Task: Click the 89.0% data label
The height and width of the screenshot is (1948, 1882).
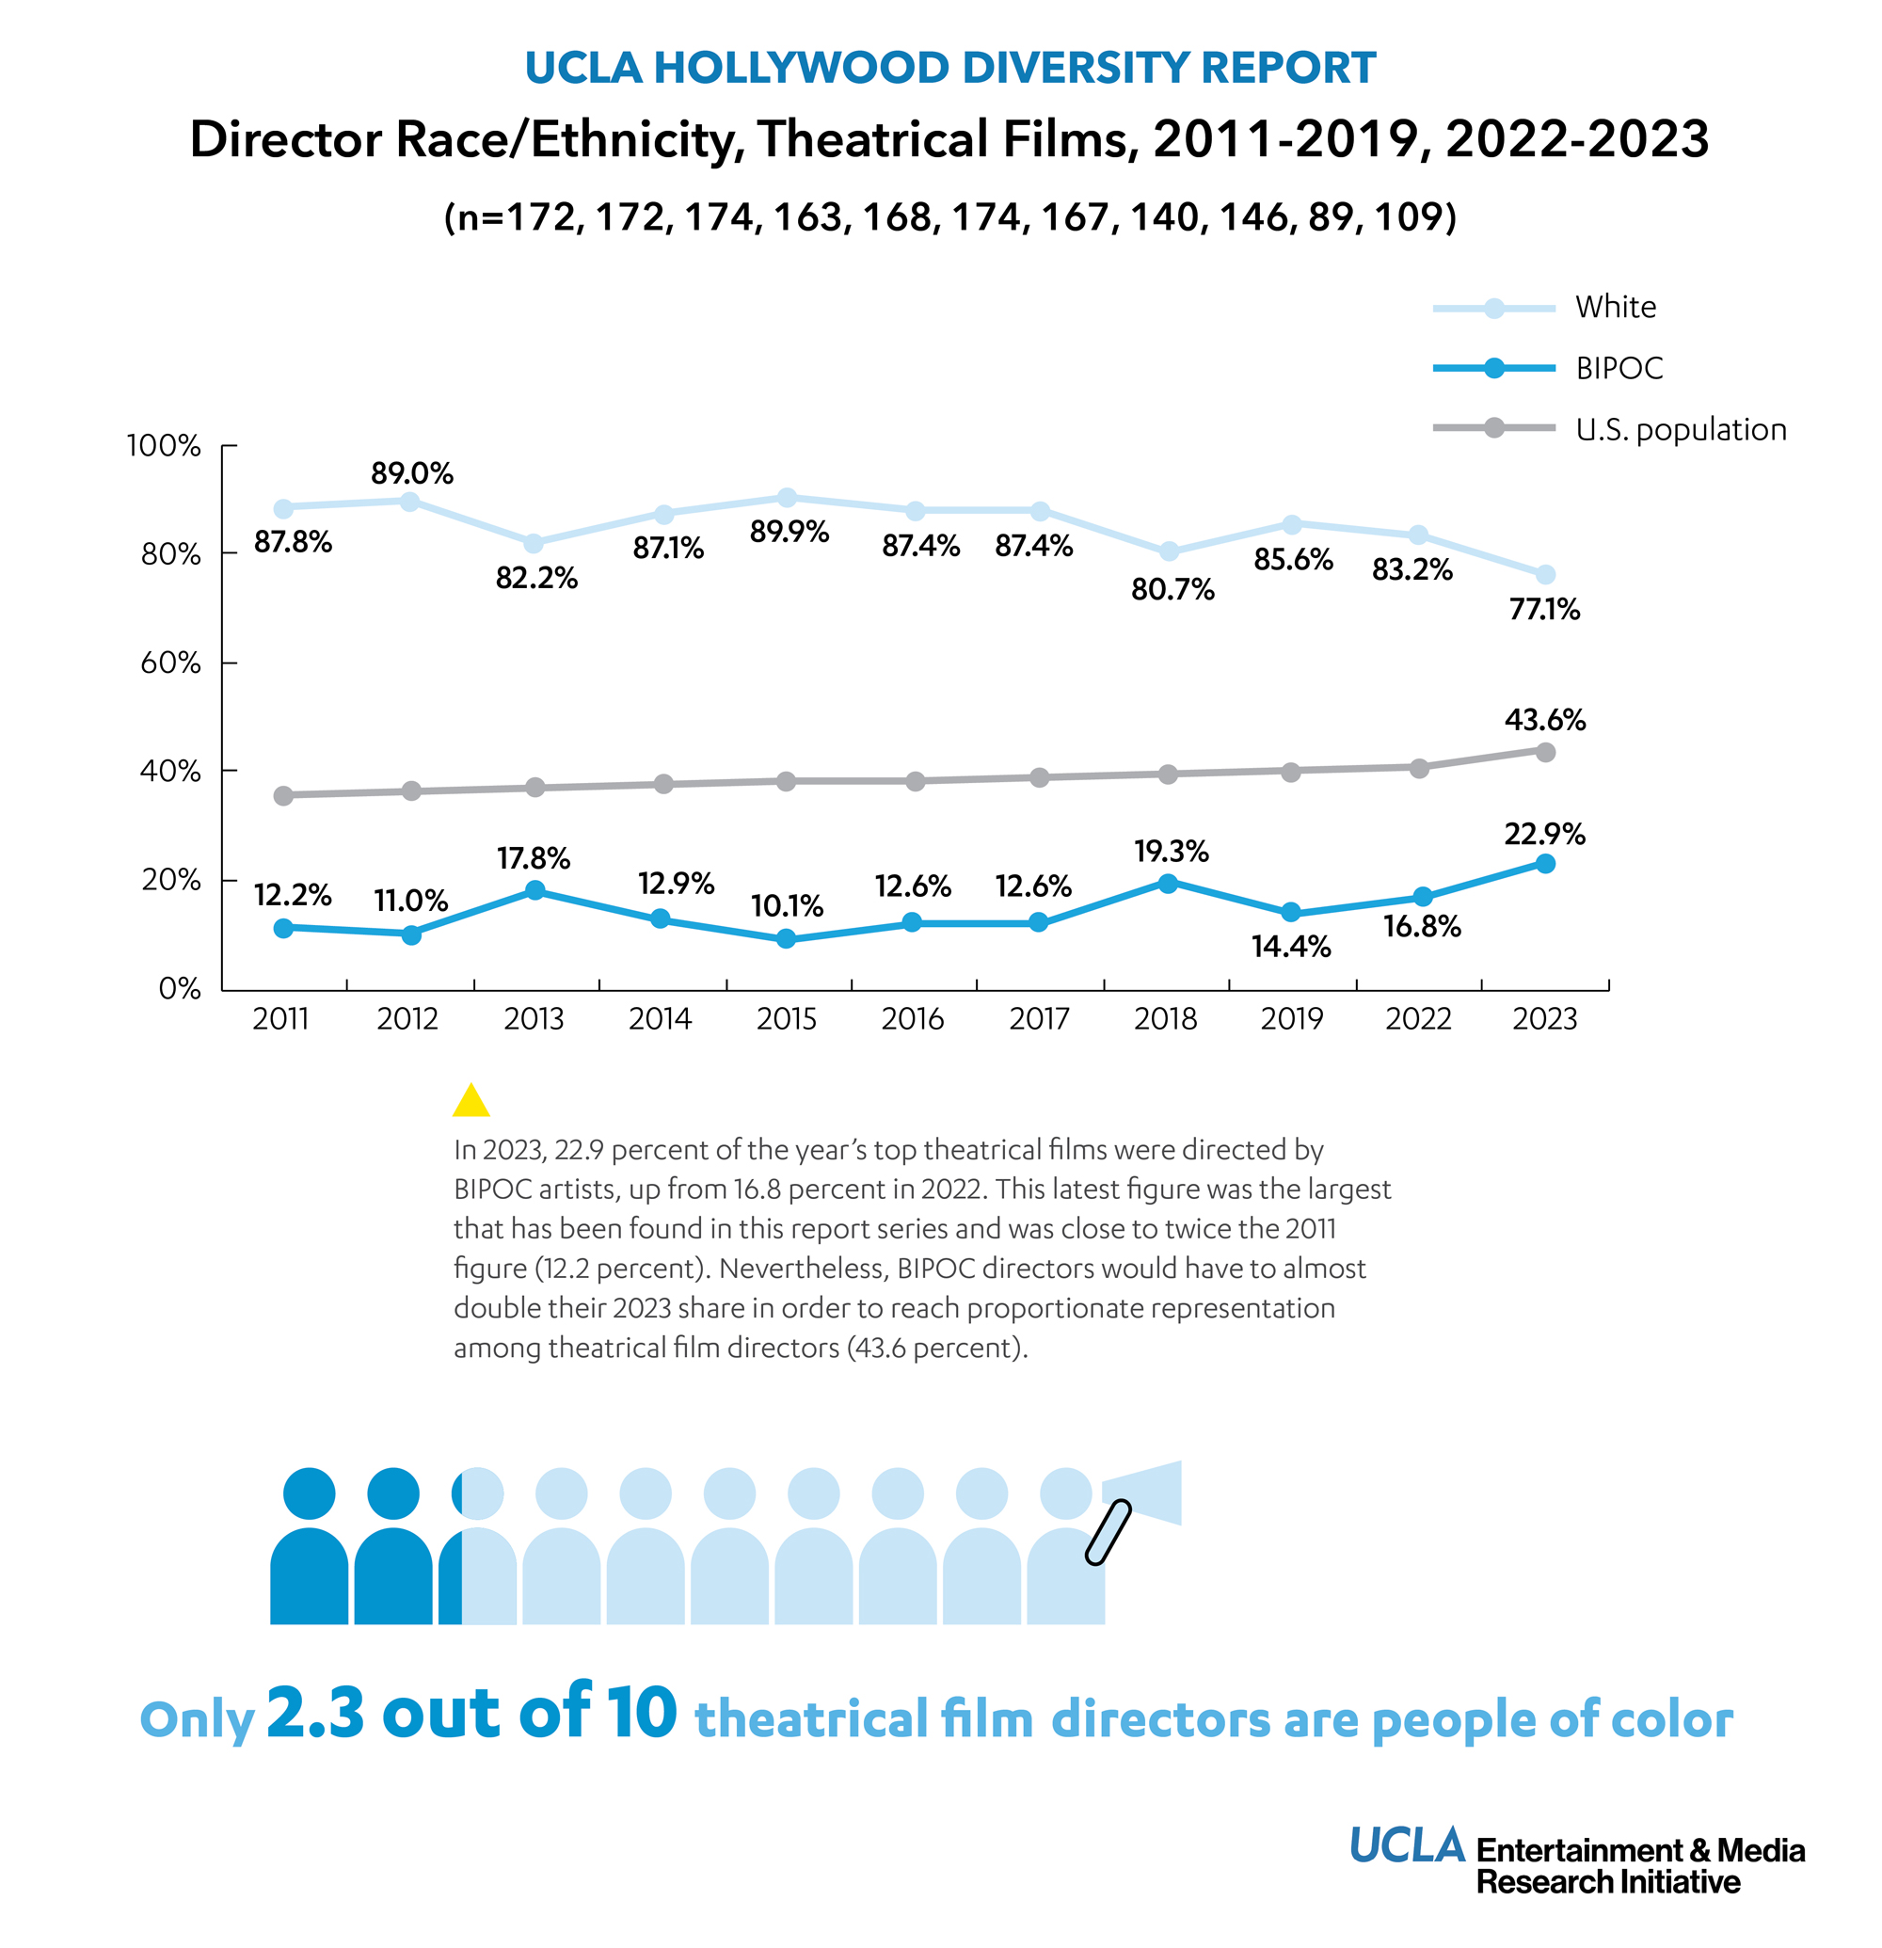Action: tap(411, 473)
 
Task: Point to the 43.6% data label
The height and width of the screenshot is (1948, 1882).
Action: tap(1544, 720)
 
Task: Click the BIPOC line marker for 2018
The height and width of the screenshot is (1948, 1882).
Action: tap(1168, 883)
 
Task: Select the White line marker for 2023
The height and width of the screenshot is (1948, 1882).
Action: tap(1544, 574)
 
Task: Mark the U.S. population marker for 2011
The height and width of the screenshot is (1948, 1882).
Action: tap(283, 795)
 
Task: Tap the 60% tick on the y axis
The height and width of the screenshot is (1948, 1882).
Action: tap(170, 663)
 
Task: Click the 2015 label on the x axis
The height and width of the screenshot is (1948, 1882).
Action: tap(786, 1019)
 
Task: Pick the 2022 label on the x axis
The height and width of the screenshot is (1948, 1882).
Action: tap(1418, 1019)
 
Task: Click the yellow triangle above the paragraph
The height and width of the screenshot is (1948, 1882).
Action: tap(471, 1101)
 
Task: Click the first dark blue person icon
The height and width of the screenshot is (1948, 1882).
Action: tap(309, 1551)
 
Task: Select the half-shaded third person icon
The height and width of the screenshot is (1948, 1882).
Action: tap(477, 1551)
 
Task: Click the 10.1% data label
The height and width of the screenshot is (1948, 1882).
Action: tap(786, 905)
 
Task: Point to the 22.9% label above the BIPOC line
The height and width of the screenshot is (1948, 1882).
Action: tap(1544, 834)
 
